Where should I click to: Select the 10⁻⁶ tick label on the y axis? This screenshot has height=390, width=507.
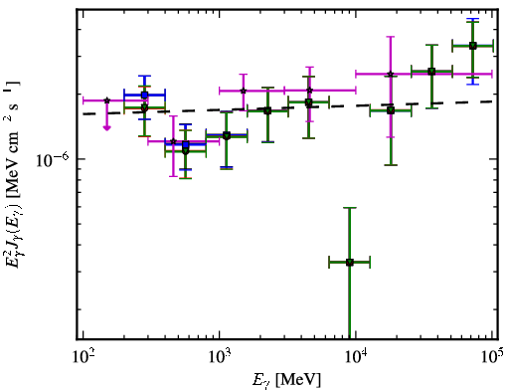(x=53, y=159)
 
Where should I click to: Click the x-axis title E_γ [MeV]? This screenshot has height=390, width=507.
(x=286, y=380)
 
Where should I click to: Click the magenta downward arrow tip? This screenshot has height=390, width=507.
(x=106, y=129)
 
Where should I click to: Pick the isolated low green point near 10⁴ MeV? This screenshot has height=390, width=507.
(x=349, y=263)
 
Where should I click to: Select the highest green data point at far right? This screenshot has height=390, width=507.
(x=473, y=46)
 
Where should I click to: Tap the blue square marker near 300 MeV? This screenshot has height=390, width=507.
(x=144, y=96)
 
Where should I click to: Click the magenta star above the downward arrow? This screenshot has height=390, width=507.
(x=106, y=100)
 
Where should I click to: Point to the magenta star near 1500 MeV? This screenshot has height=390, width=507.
(x=244, y=91)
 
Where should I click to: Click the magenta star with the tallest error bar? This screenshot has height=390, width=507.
(x=391, y=74)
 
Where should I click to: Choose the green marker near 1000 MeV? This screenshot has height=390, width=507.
(x=227, y=135)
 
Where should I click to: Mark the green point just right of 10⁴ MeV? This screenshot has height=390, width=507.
(x=391, y=110)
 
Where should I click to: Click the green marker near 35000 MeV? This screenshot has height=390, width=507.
(x=431, y=72)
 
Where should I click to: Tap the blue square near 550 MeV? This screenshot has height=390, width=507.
(x=186, y=144)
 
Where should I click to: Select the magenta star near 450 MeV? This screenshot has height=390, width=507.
(x=173, y=141)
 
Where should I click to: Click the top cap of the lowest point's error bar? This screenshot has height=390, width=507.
(x=349, y=208)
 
